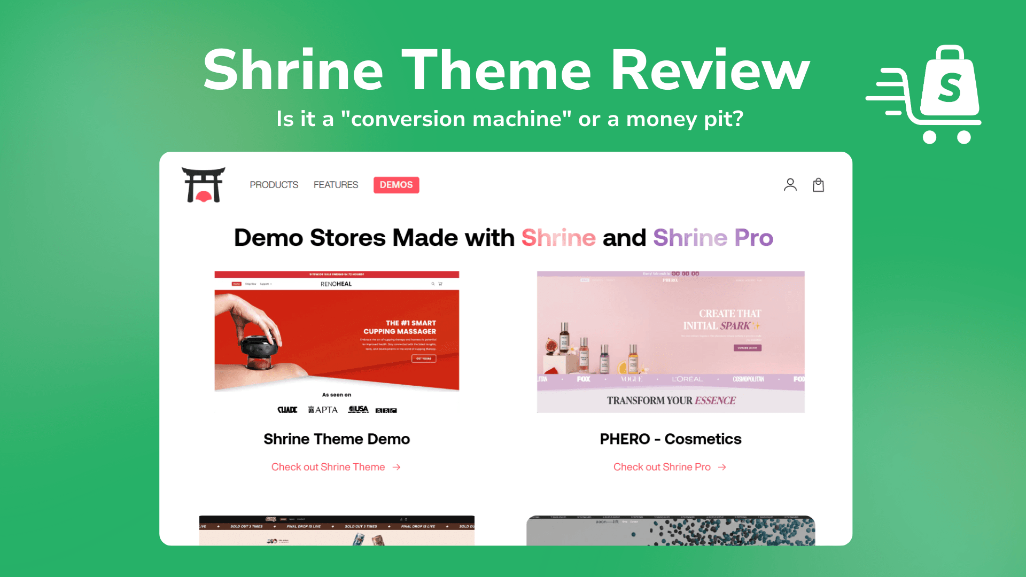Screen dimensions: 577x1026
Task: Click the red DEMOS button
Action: pyautogui.click(x=396, y=185)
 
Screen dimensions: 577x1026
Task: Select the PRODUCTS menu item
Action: pyautogui.click(x=274, y=185)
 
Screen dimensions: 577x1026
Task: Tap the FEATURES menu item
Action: pyautogui.click(x=336, y=185)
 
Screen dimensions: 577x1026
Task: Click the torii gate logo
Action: pyautogui.click(x=203, y=185)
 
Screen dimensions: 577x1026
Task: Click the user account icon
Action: pyautogui.click(x=790, y=185)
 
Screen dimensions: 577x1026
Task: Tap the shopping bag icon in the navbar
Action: pyautogui.click(x=818, y=185)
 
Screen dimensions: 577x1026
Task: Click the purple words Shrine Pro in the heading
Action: pyautogui.click(x=713, y=238)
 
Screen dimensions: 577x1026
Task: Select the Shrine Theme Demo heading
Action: pyautogui.click(x=336, y=439)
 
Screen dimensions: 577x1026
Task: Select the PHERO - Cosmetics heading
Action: pyautogui.click(x=670, y=439)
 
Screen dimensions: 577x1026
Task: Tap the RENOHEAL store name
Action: pyautogui.click(x=336, y=284)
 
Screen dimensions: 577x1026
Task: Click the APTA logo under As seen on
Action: pyautogui.click(x=323, y=410)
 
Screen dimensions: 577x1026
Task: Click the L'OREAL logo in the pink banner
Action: pyautogui.click(x=687, y=379)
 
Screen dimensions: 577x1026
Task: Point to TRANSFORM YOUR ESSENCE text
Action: pyautogui.click(x=671, y=401)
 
